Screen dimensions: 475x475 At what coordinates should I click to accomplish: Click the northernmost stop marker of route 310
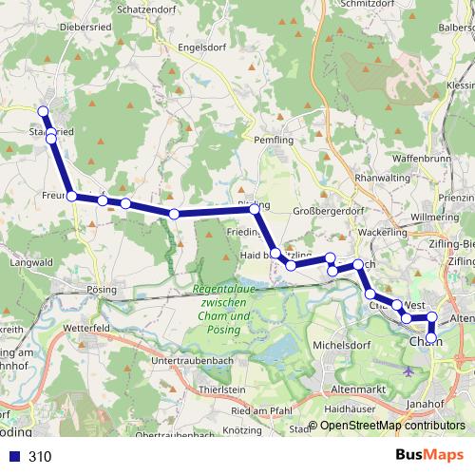pyautogui.click(x=43, y=112)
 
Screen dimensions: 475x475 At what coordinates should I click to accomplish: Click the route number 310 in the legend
pyautogui.click(x=40, y=456)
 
